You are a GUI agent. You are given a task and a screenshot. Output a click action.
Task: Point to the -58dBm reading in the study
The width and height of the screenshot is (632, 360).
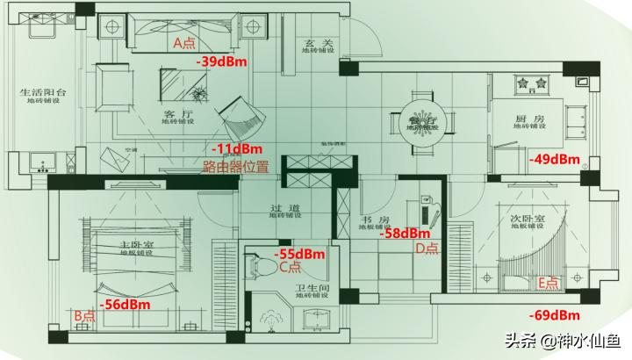pos(404,234)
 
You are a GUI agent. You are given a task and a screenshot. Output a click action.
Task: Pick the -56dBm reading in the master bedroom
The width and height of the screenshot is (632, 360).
pos(124,305)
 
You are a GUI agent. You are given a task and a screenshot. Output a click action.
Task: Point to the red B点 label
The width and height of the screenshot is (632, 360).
pos(84,315)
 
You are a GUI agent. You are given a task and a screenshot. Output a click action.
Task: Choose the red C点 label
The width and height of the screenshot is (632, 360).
pos(291,267)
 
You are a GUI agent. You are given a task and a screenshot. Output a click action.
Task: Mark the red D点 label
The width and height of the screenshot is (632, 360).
pos(427,248)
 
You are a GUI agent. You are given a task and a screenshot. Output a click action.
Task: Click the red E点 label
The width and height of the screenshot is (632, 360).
pos(548,282)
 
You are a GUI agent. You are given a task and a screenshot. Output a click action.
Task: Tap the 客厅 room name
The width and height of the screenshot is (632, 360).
pos(177,114)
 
